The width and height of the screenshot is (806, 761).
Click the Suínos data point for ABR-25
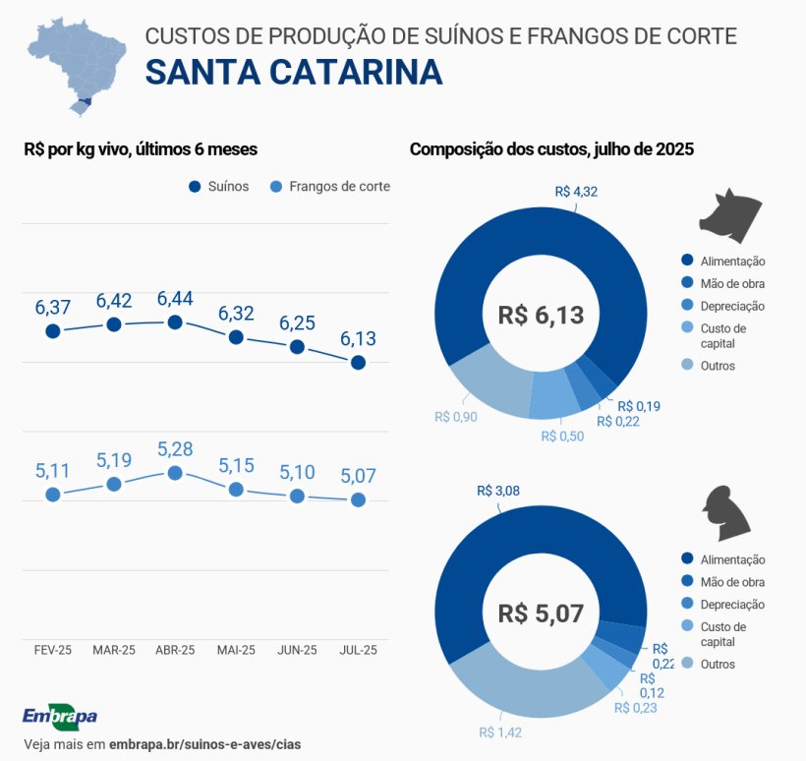[175, 322]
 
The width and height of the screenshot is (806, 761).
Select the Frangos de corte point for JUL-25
[358, 499]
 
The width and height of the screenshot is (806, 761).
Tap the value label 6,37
[52, 307]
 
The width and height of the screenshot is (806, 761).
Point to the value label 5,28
[175, 449]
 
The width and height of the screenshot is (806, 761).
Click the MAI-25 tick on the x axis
[236, 650]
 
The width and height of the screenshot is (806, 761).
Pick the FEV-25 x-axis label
[53, 650]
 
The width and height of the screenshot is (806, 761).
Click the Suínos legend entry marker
[195, 187]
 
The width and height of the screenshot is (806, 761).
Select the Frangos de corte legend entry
[330, 187]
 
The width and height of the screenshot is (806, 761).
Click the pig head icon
[730, 211]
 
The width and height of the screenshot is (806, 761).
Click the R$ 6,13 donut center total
[541, 316]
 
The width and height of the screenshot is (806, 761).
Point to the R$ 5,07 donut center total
[541, 614]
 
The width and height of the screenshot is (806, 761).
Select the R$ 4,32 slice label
[576, 192]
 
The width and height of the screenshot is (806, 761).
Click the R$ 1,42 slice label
[499, 732]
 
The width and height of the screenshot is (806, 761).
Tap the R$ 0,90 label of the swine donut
[456, 416]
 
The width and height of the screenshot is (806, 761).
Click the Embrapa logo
[59, 716]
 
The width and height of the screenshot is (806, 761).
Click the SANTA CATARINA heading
[293, 72]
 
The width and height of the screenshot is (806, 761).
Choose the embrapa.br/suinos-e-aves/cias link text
[205, 743]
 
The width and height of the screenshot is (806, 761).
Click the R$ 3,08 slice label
[497, 490]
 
